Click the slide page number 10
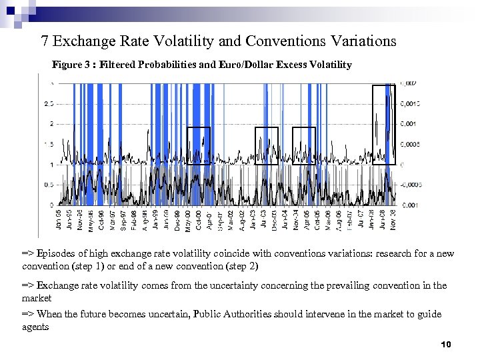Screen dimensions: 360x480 [x=447, y=345]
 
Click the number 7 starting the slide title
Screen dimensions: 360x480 [x=45, y=41]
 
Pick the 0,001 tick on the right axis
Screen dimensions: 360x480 [x=409, y=124]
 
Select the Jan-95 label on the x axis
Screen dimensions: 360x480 [x=59, y=219]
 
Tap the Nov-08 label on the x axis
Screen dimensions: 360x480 [x=393, y=219]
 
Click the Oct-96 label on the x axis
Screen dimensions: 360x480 [x=101, y=219]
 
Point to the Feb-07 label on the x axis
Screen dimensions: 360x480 [x=351, y=219]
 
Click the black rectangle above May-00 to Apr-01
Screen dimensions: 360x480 [x=199, y=145]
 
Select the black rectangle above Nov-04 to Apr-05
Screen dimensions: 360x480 [x=304, y=145]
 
